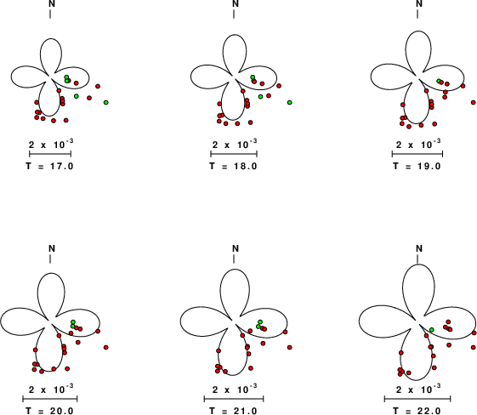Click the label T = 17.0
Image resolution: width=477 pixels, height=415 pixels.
pos(49,167)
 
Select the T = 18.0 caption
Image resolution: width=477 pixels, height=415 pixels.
pos(233,167)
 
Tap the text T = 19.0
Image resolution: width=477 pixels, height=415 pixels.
pos(417,167)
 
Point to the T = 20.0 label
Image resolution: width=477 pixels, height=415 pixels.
pos(49,411)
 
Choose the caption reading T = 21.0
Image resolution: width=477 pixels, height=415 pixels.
pos(233,411)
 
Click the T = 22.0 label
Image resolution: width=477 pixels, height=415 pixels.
pos(417,411)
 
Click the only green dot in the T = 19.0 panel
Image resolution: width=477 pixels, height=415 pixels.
pos(439,81)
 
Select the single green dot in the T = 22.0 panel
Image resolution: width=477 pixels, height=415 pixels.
pos(432,330)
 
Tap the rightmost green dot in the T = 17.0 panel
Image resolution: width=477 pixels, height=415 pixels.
pos(106,103)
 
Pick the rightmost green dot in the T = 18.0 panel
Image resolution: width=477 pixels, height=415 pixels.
pos(290,103)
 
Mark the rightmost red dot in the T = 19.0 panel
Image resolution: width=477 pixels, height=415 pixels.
pos(474,103)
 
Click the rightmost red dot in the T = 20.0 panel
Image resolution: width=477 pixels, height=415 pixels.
pos(106,347)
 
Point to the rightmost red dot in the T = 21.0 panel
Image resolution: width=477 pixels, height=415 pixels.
pos(290,347)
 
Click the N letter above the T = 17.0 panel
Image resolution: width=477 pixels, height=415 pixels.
pos(52,4)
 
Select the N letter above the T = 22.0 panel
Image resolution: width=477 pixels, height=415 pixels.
pos(419,248)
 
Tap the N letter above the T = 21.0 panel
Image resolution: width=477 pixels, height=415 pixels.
pos(236,248)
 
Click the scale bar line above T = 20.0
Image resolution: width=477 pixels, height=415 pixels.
pos(50,399)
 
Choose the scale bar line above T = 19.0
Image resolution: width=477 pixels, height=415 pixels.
pos(417,154)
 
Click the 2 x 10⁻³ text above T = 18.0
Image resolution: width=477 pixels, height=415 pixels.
pos(235,144)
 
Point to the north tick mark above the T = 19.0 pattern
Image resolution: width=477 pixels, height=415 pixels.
pos(417,14)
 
